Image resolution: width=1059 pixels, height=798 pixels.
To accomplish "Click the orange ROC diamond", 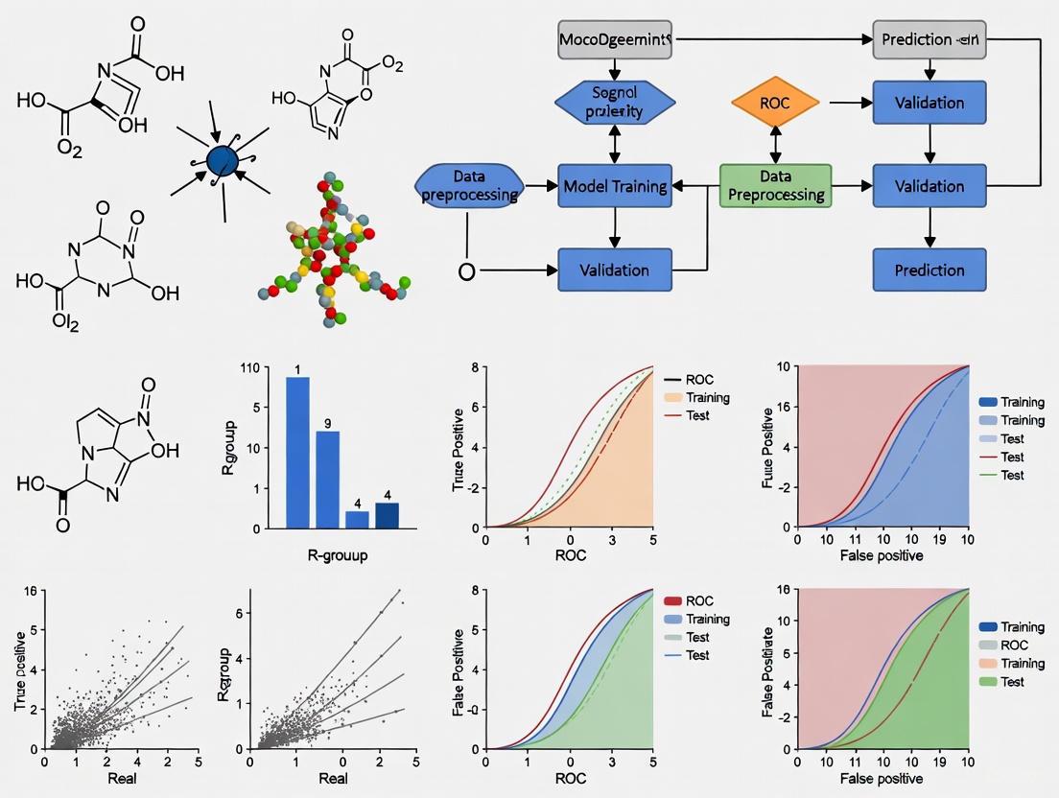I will point(774,102).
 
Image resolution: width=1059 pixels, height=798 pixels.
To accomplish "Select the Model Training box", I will point(614,186).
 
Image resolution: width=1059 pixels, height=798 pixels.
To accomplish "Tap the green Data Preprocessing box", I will point(776,185).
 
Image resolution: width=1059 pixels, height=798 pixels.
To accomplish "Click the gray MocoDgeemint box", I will point(614,41).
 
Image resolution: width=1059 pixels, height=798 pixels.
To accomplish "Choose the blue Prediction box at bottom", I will point(929,270).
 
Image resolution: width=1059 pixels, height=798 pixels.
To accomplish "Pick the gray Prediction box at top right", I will point(929,41).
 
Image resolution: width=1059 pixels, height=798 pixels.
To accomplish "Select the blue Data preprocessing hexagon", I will point(469,186).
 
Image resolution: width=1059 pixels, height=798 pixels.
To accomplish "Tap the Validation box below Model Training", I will point(614,270).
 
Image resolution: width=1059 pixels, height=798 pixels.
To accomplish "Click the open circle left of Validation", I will point(467,270).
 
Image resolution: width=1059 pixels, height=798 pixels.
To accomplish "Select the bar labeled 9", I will point(327,480).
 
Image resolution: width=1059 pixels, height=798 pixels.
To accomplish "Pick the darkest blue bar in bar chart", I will point(387,515).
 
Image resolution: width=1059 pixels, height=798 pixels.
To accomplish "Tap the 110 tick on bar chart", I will point(250,367).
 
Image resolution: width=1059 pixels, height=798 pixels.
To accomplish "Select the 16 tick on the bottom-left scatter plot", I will point(29,592).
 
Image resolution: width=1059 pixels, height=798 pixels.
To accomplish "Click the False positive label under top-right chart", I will point(882,556).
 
